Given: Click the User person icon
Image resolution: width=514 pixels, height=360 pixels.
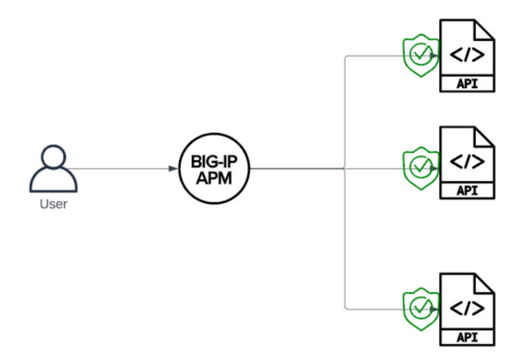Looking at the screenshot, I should click(x=54, y=169).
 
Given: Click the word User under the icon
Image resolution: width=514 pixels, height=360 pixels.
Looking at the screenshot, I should click(x=54, y=204).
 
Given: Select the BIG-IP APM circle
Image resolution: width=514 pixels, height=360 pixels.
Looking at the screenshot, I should click(x=214, y=168).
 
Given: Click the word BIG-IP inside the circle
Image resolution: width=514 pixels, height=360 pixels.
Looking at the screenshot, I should click(x=214, y=161).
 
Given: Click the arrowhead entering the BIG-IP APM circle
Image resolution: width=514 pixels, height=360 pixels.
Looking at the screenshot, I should click(x=173, y=168).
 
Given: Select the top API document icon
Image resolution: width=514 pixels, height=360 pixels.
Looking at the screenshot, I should click(x=467, y=56).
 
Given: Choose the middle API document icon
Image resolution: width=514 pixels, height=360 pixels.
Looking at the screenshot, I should click(x=467, y=163).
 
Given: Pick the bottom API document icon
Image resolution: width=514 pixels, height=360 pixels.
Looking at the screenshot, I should click(x=467, y=310).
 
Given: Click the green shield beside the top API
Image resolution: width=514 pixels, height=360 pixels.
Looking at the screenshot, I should click(x=421, y=55).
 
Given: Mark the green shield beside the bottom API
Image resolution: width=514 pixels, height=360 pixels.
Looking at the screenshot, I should click(x=421, y=309).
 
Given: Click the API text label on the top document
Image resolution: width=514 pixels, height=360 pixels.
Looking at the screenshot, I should click(x=467, y=84).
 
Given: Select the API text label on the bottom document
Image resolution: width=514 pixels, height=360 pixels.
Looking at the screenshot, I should click(x=467, y=337).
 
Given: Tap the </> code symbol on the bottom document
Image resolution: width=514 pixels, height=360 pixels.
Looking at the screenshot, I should click(x=467, y=308).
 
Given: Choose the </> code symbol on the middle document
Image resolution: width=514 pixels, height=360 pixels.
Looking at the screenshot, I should click(x=467, y=161).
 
